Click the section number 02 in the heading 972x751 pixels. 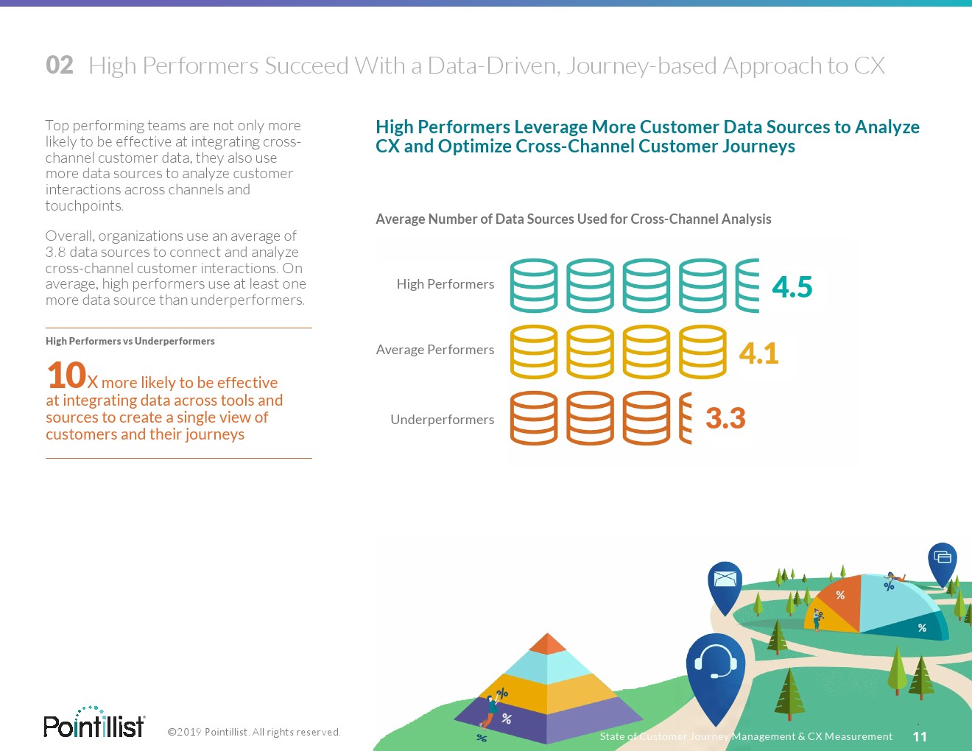(60, 66)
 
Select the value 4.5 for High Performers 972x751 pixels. (792, 286)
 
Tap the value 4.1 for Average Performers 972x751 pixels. (758, 353)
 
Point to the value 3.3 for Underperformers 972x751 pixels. (725, 418)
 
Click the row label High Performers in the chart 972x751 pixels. (445, 284)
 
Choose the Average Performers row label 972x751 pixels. (435, 349)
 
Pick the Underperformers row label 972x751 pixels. (443, 420)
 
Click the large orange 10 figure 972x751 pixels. (66, 375)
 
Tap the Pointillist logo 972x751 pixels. (94, 722)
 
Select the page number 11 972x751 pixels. (920, 736)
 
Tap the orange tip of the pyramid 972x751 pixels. (548, 644)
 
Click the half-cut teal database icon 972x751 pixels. (747, 286)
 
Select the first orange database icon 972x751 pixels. (534, 418)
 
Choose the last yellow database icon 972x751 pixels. (702, 352)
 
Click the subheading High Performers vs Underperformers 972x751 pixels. (130, 342)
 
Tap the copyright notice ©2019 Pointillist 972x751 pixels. (253, 732)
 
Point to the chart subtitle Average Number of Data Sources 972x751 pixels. (574, 219)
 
